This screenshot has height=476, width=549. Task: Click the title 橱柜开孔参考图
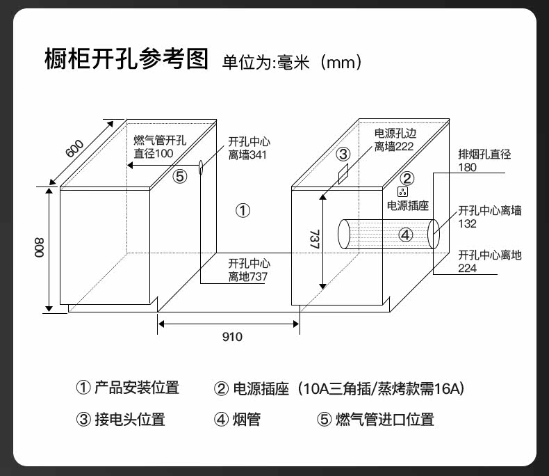pos(126,59)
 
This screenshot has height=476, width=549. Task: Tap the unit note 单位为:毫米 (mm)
pos(292,63)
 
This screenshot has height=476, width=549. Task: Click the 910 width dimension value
pos(232,337)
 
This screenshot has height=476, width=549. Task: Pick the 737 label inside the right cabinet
pos(313,241)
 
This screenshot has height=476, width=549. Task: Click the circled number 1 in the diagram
pos(243,210)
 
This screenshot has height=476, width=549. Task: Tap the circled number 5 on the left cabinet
pos(180,176)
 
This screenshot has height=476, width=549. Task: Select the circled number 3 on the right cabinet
pos(343,154)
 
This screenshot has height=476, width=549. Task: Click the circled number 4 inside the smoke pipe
pos(406,235)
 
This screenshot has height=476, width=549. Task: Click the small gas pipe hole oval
pos(201,167)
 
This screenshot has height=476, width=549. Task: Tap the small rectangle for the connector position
pos(343,173)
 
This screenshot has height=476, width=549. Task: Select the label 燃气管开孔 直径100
pos(160,147)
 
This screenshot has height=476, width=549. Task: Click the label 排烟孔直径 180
pos(484,161)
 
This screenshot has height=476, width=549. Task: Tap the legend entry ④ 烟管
pos(237,419)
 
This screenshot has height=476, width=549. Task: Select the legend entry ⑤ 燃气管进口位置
pos(375,419)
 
